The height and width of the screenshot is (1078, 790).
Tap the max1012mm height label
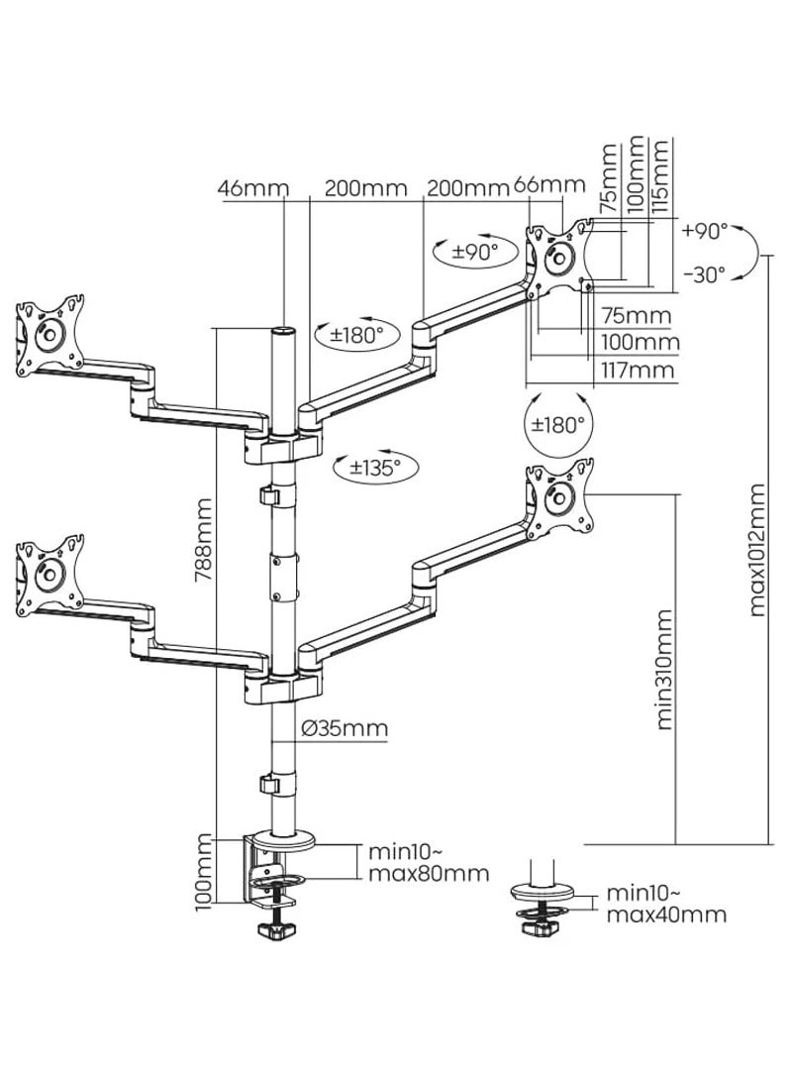pos(758,550)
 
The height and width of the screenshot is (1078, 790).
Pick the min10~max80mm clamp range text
pos(428,862)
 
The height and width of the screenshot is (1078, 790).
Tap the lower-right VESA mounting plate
pos(559,495)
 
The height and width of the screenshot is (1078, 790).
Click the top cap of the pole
pos(284,330)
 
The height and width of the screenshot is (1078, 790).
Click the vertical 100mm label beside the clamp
pos(205,872)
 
